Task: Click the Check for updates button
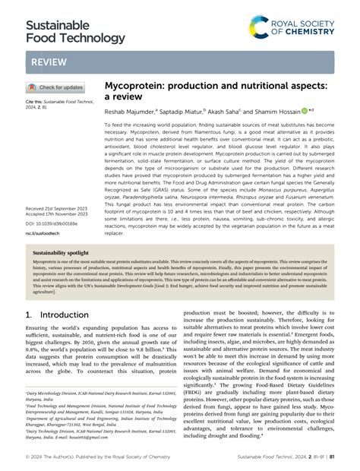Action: coord(56,87)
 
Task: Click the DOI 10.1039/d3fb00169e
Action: coord(52,224)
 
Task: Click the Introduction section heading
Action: coord(61,312)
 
